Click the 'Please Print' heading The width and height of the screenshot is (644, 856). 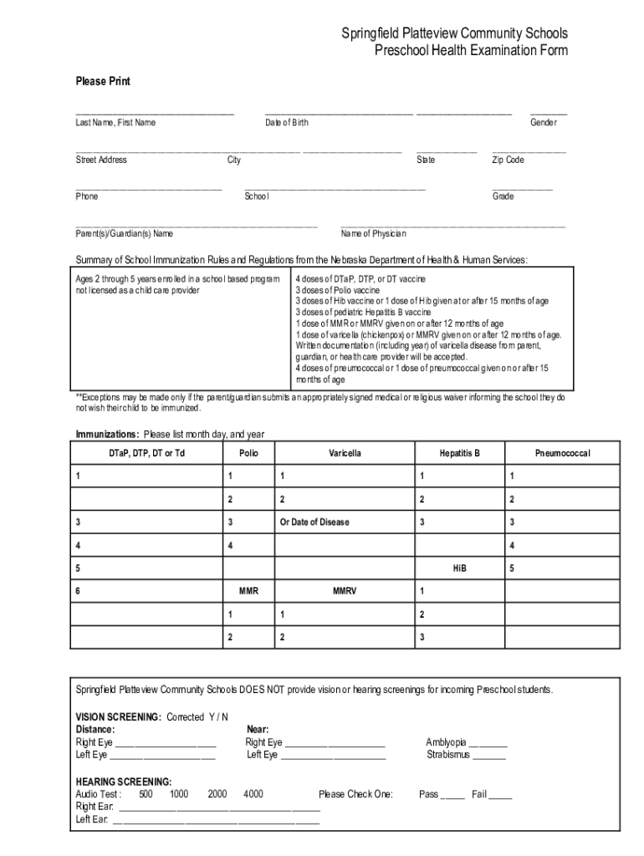click(103, 81)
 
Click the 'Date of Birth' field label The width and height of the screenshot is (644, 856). click(287, 123)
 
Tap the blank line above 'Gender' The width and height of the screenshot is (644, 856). click(548, 112)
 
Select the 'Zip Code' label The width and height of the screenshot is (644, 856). click(508, 160)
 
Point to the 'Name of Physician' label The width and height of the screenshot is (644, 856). click(373, 233)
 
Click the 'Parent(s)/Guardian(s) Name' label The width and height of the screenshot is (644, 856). click(125, 233)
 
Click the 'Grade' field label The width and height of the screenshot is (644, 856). click(503, 196)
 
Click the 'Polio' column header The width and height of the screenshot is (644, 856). click(248, 453)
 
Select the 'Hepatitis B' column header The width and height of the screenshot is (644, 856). click(459, 453)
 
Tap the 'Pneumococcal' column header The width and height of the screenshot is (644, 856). click(562, 453)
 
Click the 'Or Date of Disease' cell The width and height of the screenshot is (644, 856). click(314, 522)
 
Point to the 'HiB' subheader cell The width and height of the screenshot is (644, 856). click(459, 568)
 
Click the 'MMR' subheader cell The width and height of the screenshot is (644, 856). click(248, 591)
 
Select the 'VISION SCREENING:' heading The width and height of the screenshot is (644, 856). click(119, 717)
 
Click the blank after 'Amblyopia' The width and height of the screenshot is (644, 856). click(488, 743)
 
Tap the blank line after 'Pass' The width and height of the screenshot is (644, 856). click(452, 796)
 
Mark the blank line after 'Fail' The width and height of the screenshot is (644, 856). click(500, 796)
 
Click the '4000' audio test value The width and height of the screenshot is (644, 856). click(253, 794)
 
